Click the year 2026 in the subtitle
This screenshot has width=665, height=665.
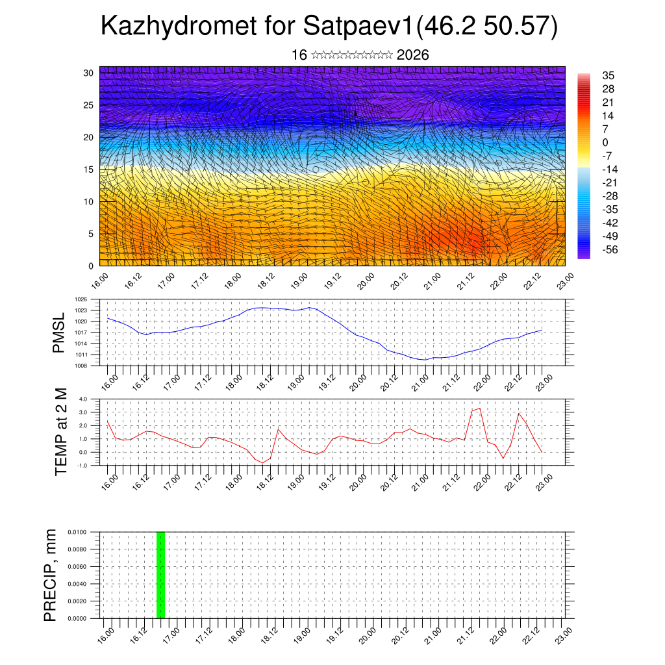[412, 55]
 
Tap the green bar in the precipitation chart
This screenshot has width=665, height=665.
[160, 575]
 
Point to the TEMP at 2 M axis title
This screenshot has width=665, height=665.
[61, 431]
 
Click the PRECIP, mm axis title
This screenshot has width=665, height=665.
[51, 575]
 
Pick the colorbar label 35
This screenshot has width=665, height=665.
[609, 76]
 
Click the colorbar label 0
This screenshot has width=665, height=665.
[605, 142]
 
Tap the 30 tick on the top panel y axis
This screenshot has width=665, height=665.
[89, 73]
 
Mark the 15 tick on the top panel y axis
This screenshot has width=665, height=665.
[89, 169]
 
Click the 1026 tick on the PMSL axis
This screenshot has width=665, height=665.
[81, 299]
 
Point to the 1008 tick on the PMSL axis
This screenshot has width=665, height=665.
[81, 366]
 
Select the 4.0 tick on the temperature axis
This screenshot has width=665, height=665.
[82, 399]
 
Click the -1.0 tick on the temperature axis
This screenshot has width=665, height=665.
[82, 466]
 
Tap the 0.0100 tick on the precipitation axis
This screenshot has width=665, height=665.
[77, 532]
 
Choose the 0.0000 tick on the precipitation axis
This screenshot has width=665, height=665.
[77, 619]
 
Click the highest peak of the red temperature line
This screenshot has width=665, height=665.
[479, 408]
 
